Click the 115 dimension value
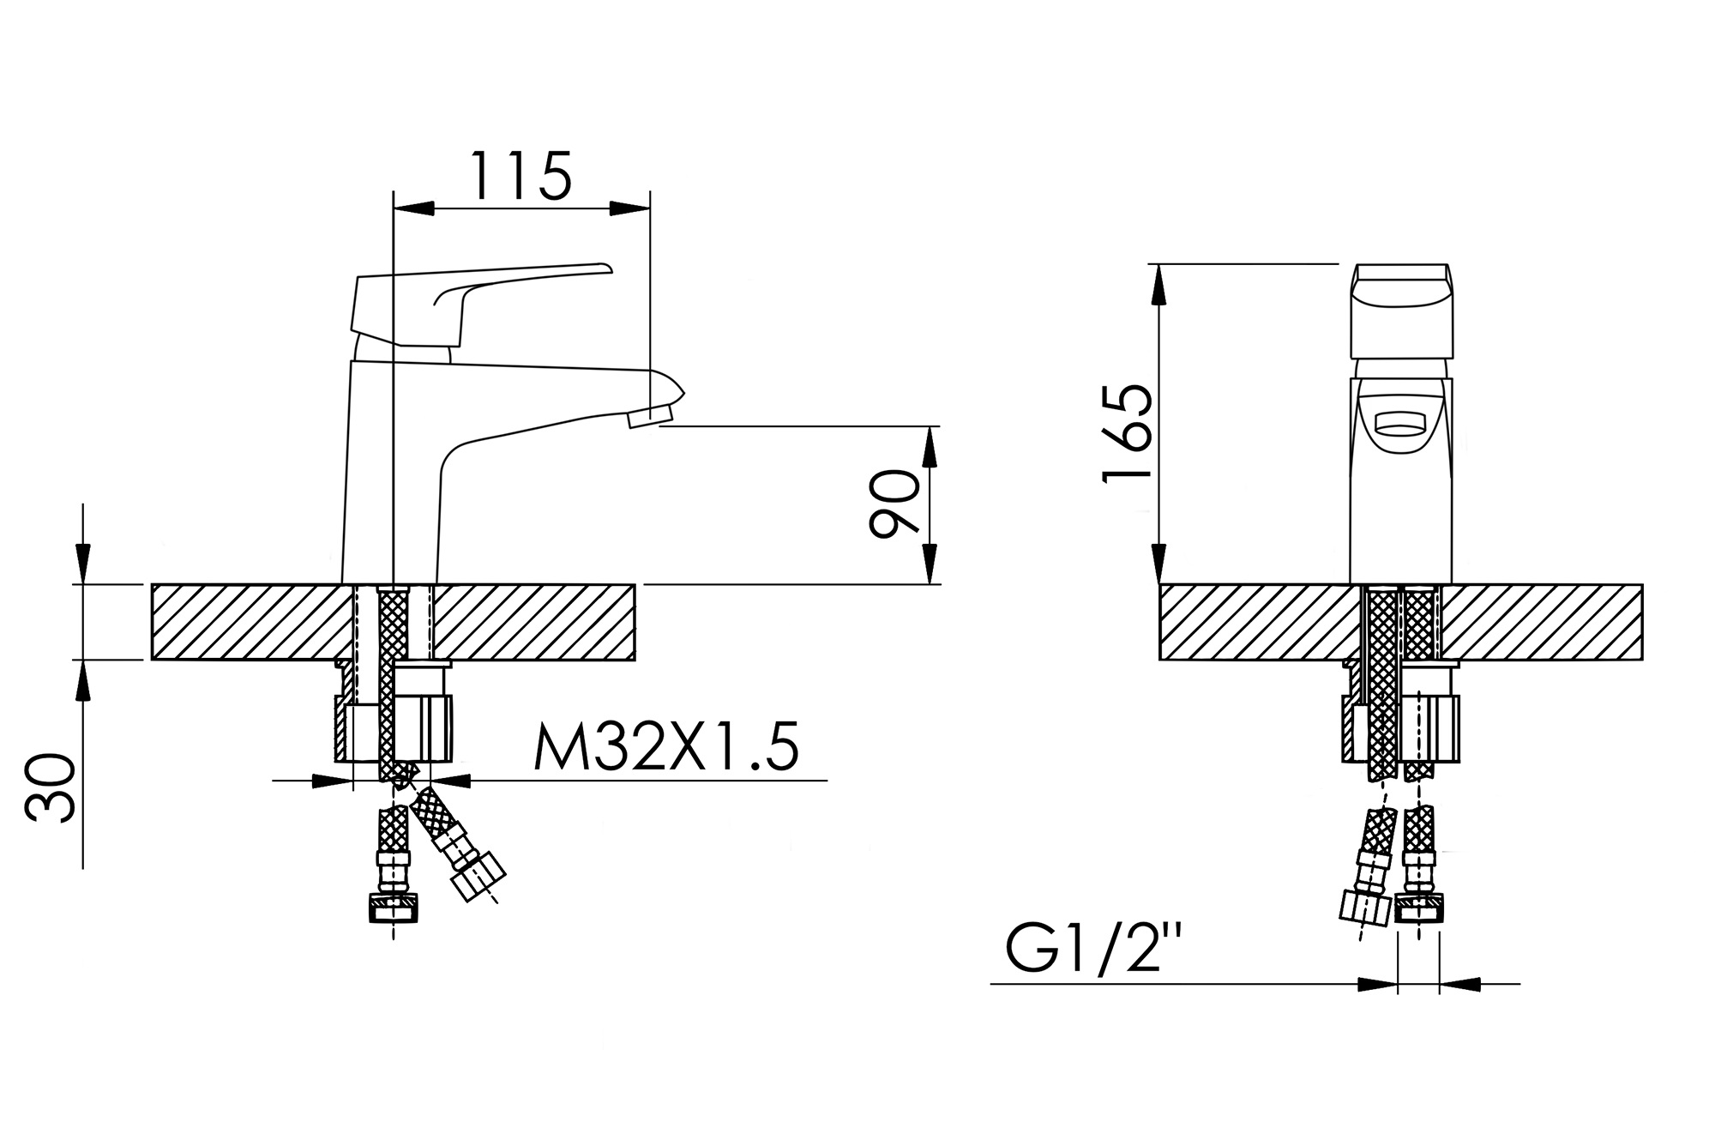(x=521, y=176)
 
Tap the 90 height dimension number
(x=894, y=504)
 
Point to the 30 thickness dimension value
(x=51, y=788)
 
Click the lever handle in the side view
(x=480, y=305)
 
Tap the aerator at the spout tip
(x=649, y=418)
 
